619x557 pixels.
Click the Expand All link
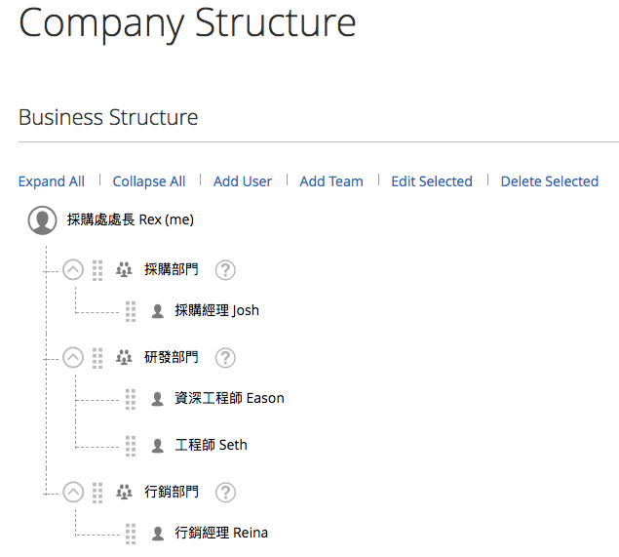(x=52, y=181)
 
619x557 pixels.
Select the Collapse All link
(x=149, y=181)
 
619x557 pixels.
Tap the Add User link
(x=243, y=181)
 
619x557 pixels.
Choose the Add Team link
(x=331, y=181)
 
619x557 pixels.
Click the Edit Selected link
(x=432, y=181)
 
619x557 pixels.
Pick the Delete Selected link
(x=550, y=181)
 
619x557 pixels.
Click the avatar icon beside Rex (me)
(x=42, y=220)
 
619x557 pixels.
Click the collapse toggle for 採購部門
(x=73, y=270)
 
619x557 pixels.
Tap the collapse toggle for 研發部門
(x=73, y=358)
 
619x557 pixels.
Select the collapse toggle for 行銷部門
(x=73, y=493)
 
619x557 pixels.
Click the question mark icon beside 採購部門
(x=225, y=270)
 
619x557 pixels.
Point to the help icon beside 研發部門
(x=225, y=358)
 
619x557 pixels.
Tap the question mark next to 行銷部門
(x=225, y=493)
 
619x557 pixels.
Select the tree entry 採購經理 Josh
(x=216, y=311)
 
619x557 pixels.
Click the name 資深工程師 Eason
(x=229, y=398)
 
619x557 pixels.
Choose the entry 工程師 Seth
(x=211, y=446)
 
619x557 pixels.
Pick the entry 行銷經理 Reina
(x=221, y=533)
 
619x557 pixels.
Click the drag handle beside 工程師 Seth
(x=131, y=446)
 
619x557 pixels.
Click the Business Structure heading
(x=108, y=118)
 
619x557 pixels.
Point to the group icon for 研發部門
(x=124, y=358)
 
